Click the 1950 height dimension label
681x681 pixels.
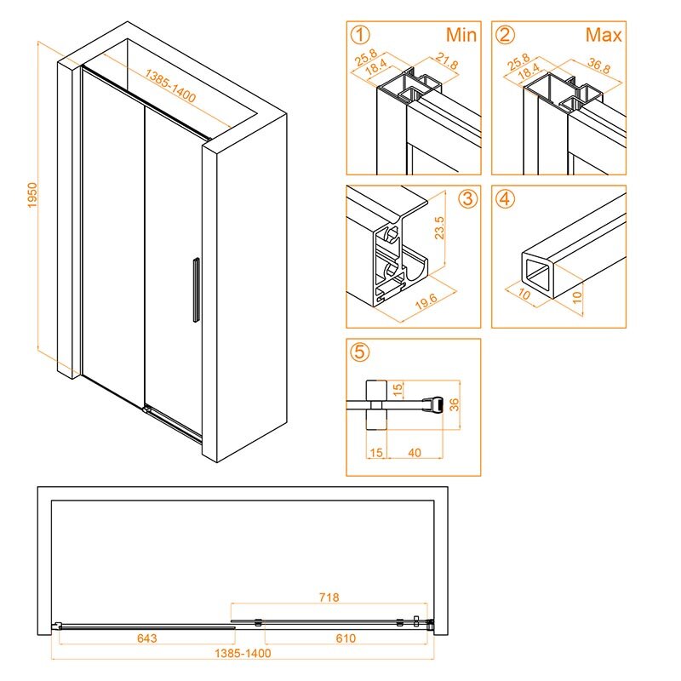click(32, 195)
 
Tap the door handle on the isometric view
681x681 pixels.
click(197, 289)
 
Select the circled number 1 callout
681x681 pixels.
click(360, 35)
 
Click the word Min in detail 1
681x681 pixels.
click(461, 35)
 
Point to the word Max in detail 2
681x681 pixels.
click(604, 35)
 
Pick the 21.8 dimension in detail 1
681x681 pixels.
click(447, 61)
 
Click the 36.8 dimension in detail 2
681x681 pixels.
click(599, 66)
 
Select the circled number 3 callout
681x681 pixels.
click(467, 199)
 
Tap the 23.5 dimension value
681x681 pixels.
click(439, 228)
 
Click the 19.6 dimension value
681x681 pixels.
click(426, 301)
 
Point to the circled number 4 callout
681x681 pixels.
click(505, 199)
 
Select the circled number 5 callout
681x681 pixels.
click(360, 352)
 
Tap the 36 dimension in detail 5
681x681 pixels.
click(454, 404)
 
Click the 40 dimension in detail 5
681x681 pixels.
click(415, 453)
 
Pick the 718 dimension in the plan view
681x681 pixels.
click(329, 598)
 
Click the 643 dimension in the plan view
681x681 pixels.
click(146, 638)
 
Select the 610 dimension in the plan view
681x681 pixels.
click(346, 638)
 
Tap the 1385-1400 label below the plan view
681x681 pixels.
click(243, 653)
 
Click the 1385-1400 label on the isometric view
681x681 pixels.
click(170, 86)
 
